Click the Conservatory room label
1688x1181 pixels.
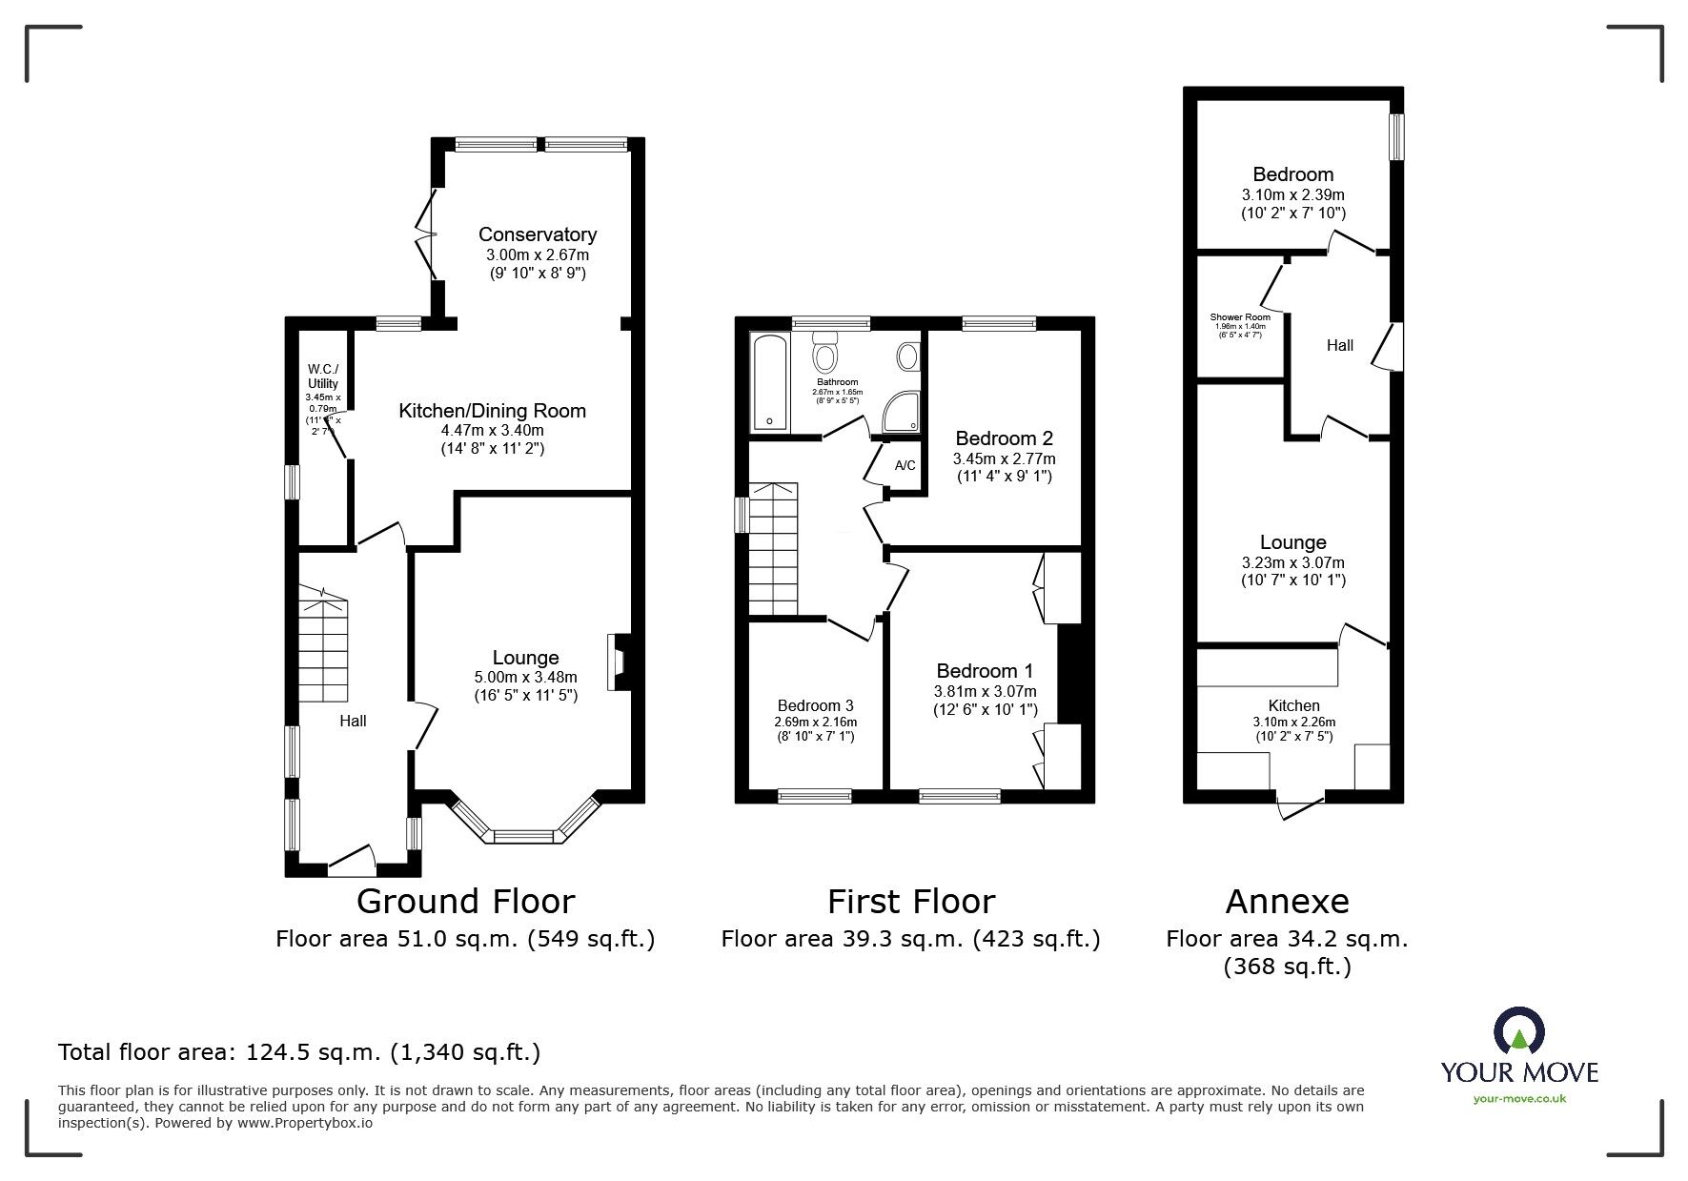(537, 234)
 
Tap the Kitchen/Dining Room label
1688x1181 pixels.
(492, 411)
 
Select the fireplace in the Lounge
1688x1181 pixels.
(616, 662)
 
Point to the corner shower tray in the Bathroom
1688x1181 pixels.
(902, 411)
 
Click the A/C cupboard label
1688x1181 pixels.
(905, 466)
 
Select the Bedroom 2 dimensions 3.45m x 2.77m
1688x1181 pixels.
(1004, 458)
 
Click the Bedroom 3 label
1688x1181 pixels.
(815, 705)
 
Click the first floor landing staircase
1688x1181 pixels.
(772, 550)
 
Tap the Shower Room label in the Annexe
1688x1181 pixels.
(1240, 317)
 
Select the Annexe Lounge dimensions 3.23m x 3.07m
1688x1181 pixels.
(1292, 563)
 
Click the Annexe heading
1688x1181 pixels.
(1287, 901)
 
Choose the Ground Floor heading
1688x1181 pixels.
(465, 901)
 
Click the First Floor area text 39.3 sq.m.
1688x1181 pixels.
(910, 939)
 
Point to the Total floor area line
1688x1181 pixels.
(299, 1052)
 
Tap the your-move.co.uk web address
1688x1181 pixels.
(1519, 1099)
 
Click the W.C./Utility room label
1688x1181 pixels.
(322, 377)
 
